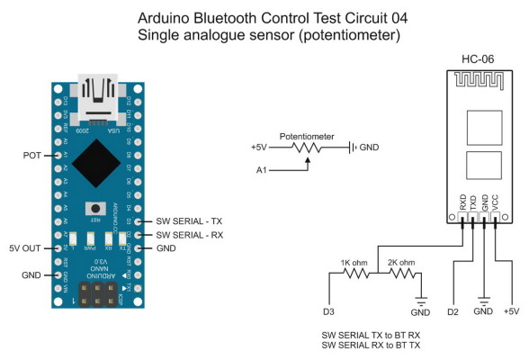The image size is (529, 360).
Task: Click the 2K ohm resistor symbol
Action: coord(402,274)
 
